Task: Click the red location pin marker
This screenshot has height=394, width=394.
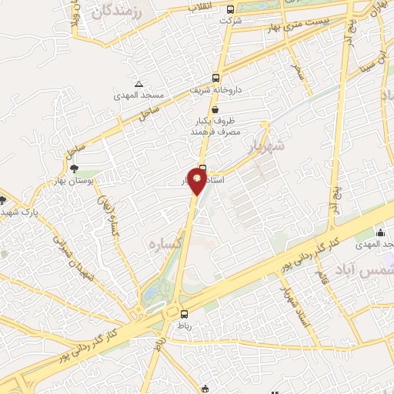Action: [x=197, y=182]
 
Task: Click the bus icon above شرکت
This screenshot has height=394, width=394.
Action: [x=231, y=10]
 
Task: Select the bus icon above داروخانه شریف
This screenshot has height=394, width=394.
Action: [x=215, y=78]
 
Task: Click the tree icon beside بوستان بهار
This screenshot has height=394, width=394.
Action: [x=74, y=167]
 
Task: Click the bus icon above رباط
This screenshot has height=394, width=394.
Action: [x=183, y=313]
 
